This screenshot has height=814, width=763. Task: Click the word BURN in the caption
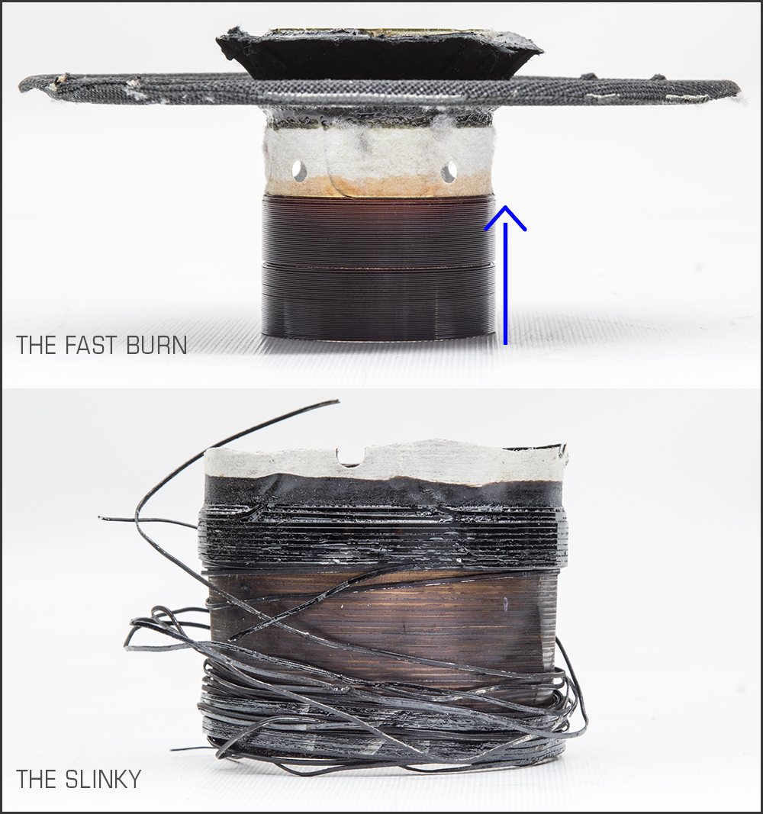pyautogui.click(x=156, y=346)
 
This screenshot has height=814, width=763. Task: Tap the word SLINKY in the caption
pyautogui.click(x=104, y=779)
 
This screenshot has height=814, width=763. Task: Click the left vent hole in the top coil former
pyautogui.click(x=298, y=169)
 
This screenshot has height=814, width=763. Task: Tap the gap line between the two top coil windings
pyautogui.click(x=378, y=265)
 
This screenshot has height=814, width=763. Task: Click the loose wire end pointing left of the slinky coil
pyautogui.click(x=100, y=517)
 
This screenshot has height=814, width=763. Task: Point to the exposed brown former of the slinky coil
pyautogui.click(x=379, y=628)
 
